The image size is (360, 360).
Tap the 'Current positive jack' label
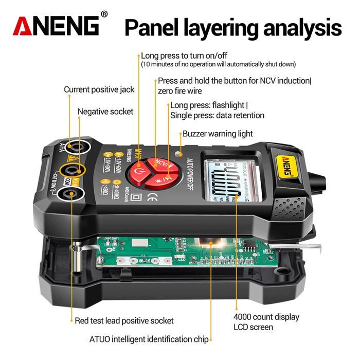tap(99, 89)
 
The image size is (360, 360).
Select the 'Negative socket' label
tap(105, 112)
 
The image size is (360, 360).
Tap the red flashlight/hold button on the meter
tap(166, 181)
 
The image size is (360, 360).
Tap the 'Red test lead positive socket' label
tap(124, 321)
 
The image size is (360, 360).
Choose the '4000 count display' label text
tap(266, 317)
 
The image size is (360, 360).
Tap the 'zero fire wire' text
tap(179, 91)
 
